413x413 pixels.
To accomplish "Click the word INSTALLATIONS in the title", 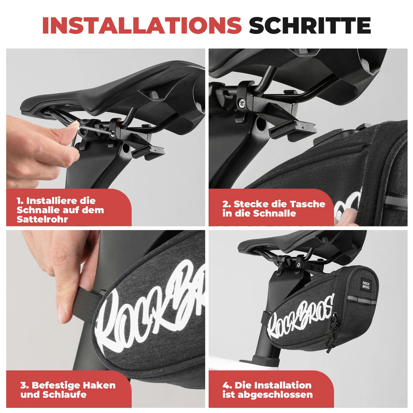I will [142, 25].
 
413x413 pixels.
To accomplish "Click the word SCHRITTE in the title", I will [310, 25].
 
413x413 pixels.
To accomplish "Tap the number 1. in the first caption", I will [20, 201].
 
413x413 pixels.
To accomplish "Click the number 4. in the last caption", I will [227, 385].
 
